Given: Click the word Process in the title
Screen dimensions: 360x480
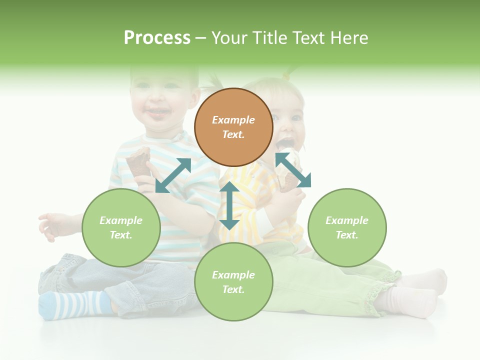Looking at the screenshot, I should click(157, 38).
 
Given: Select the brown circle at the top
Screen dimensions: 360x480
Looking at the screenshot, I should click(233, 127).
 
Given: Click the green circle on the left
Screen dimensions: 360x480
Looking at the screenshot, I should click(121, 227).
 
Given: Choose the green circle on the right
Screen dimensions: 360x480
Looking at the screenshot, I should click(347, 227).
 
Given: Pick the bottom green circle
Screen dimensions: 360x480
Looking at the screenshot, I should click(233, 282).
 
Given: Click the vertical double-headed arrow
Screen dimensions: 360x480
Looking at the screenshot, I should click(229, 205).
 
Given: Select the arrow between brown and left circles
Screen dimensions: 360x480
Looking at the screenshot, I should click(173, 175).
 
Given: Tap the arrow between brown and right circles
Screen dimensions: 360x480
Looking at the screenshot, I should click(293, 170).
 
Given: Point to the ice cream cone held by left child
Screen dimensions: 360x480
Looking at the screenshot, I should click(139, 162).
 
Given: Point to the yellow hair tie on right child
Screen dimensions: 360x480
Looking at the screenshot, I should click(286, 75).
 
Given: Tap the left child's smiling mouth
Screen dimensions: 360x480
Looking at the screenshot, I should click(157, 112).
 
